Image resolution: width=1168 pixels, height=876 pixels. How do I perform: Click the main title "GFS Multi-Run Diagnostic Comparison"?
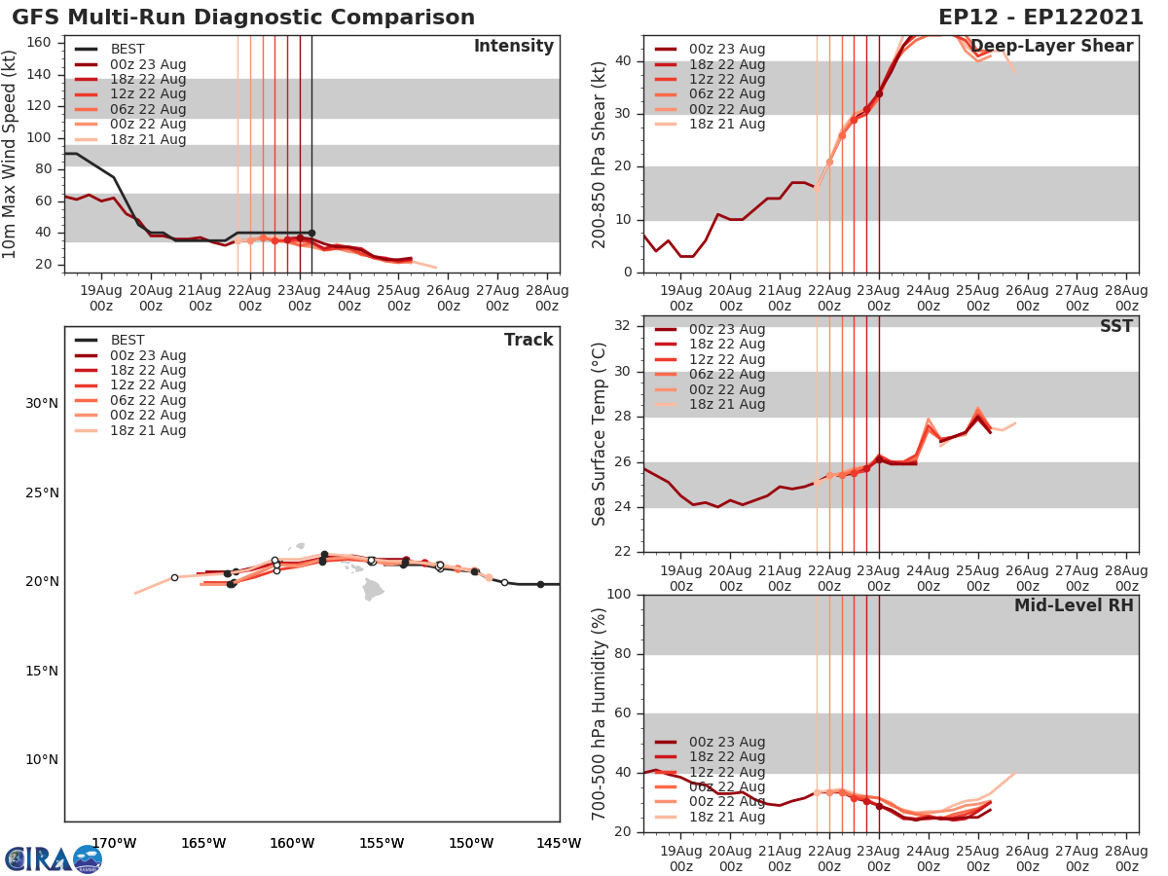coord(243,18)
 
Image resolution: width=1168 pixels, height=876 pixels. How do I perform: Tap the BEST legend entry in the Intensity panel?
coord(127,50)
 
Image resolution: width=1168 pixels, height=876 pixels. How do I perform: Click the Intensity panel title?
coord(513,47)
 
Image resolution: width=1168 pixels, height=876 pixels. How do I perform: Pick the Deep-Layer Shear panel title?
coord(1051,47)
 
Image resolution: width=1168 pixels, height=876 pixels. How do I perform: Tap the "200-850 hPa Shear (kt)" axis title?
coord(600,154)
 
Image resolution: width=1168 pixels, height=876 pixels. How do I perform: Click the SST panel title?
coord(1115,327)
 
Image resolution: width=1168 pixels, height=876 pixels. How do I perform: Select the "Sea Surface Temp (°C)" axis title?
coord(600,434)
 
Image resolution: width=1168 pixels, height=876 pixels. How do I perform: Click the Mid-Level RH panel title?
coord(1074,605)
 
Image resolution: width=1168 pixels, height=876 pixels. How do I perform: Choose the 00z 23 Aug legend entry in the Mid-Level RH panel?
coord(726,742)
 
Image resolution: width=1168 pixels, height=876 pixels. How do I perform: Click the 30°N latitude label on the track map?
coord(42,404)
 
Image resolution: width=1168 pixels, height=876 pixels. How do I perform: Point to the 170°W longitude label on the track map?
coord(113,843)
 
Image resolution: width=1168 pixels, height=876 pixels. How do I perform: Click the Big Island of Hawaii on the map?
coord(374,589)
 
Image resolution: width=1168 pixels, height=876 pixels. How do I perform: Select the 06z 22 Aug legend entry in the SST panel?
coord(726,375)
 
